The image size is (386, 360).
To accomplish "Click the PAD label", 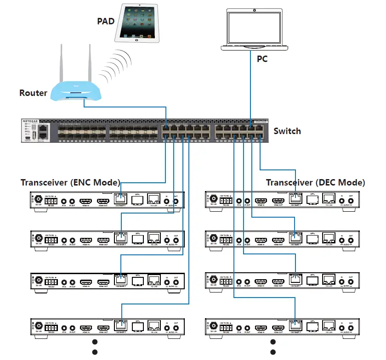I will (106, 21).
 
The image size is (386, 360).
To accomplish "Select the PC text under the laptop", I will (261, 58).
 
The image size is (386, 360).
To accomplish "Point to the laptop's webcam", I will (254, 10).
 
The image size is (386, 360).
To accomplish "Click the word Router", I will (33, 93).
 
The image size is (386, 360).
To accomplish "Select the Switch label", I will (287, 131).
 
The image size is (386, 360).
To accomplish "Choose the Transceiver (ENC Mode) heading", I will (70, 182).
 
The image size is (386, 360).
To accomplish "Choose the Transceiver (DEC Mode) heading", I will (316, 182).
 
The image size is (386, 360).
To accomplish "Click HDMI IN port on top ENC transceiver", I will (86, 201).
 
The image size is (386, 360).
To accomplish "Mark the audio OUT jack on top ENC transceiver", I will (176, 201).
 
